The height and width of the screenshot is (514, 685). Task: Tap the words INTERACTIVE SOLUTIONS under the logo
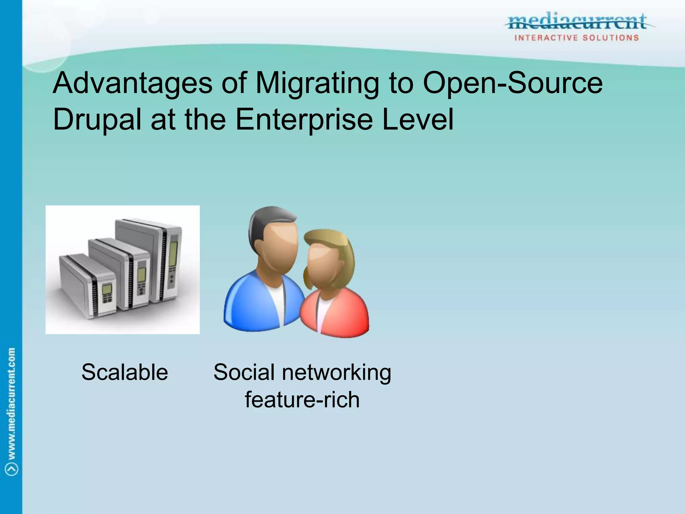click(577, 38)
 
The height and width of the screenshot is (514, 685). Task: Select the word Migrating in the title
click(317, 84)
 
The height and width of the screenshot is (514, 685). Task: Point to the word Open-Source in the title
click(512, 84)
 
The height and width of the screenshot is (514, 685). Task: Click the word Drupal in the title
click(97, 120)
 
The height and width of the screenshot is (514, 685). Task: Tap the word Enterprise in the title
click(304, 120)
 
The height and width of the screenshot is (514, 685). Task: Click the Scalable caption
click(124, 372)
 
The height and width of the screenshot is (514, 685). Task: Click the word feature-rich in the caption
click(302, 400)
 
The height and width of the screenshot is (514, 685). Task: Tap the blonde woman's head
click(326, 258)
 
